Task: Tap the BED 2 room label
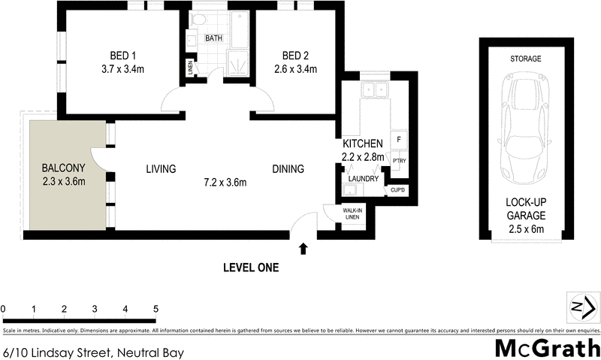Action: click(x=294, y=55)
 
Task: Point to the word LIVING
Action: click(x=161, y=169)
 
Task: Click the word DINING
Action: click(x=288, y=169)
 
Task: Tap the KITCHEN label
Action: click(x=364, y=144)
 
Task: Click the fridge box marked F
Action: click(x=398, y=140)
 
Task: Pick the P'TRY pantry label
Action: click(x=398, y=162)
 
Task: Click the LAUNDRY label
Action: click(x=364, y=178)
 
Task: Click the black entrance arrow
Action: click(x=303, y=247)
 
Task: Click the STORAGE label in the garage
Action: click(x=525, y=59)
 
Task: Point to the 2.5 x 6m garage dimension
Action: click(x=525, y=228)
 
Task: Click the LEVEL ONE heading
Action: click(x=251, y=267)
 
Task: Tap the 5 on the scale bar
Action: click(x=156, y=309)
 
